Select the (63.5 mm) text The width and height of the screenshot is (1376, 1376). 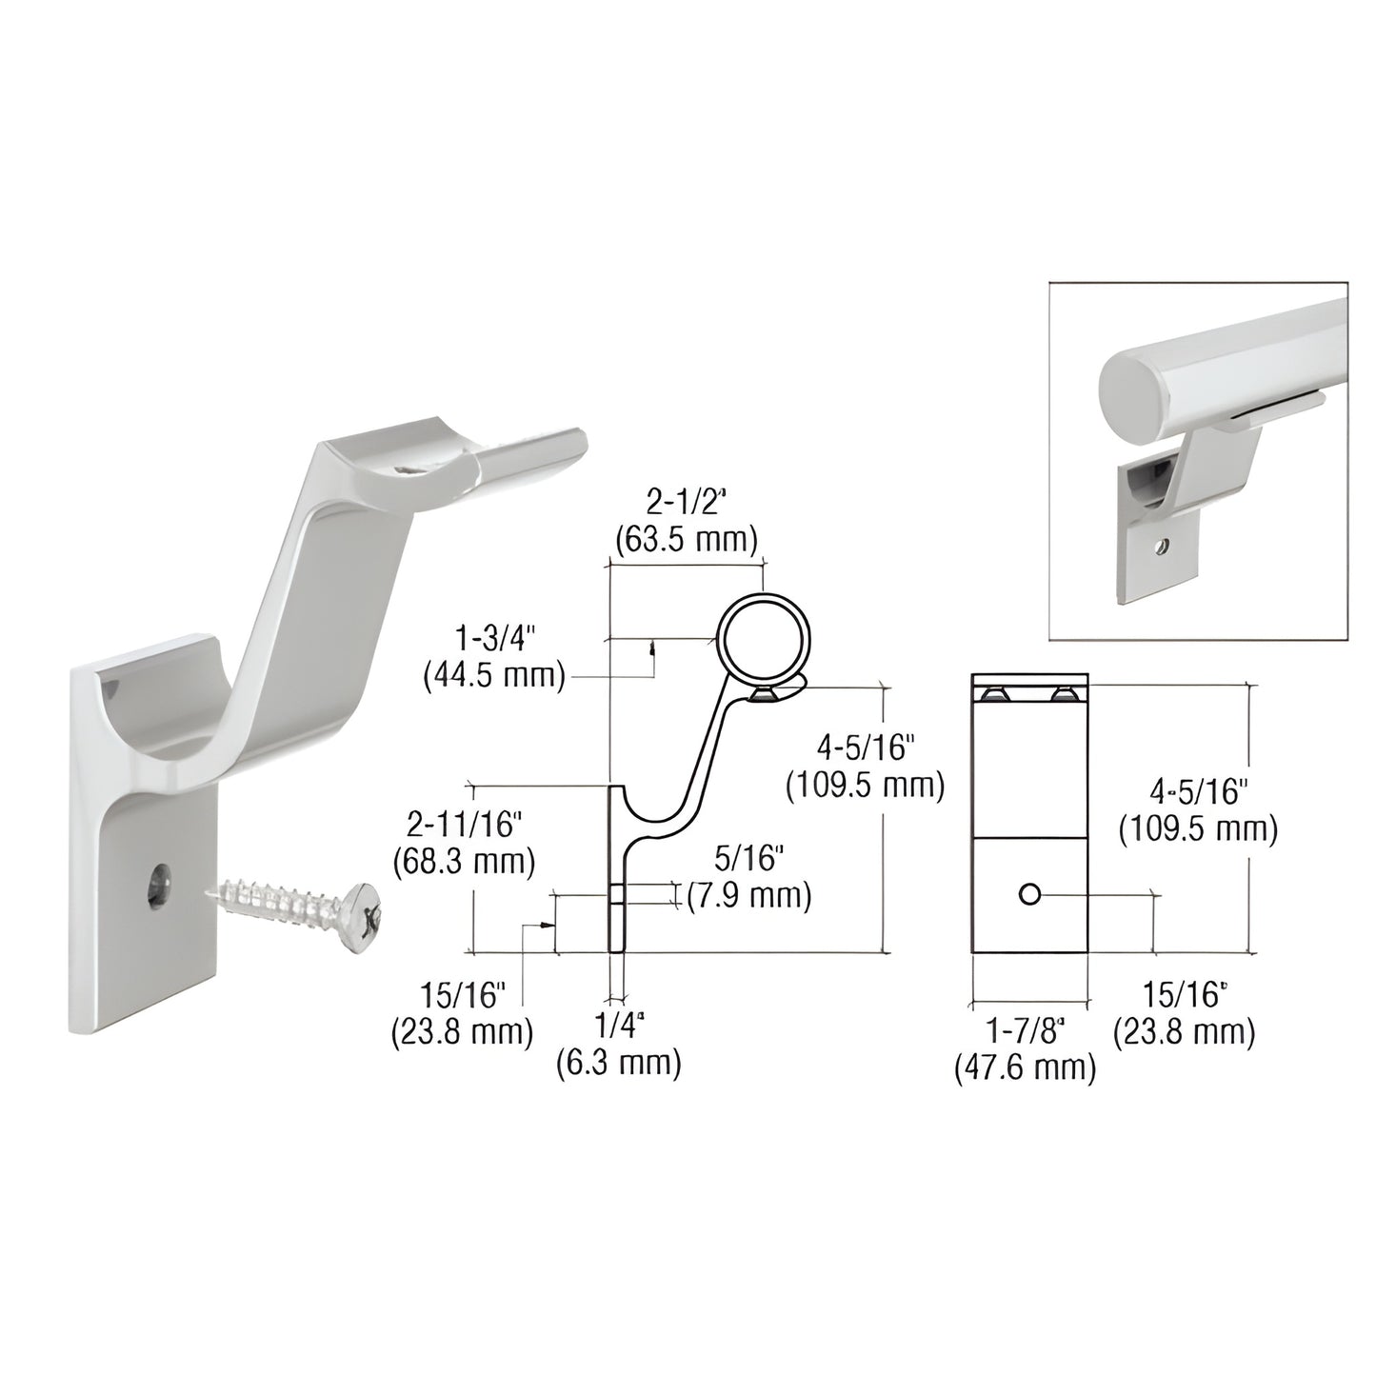click(685, 540)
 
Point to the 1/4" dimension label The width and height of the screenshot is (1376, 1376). click(620, 1028)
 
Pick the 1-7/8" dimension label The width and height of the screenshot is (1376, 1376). click(1024, 1031)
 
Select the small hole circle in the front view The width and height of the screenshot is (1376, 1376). click(1028, 894)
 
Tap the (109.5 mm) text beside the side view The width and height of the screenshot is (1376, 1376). click(865, 786)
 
